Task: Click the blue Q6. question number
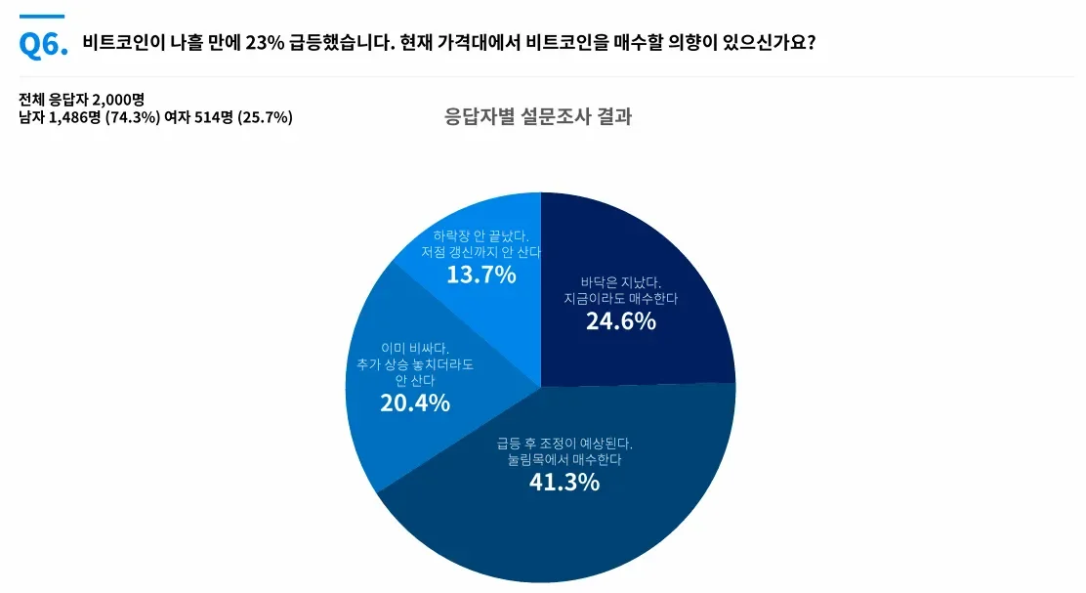tap(44, 45)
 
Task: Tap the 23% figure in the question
tap(265, 42)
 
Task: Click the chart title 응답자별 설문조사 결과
tap(538, 115)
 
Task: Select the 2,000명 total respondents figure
tap(118, 100)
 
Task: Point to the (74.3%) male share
tap(132, 117)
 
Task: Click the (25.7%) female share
tap(265, 117)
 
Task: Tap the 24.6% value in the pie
tap(620, 320)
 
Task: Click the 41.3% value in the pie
tap(564, 482)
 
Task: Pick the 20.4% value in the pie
tap(415, 402)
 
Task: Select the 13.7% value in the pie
tap(481, 275)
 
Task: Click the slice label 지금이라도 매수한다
tap(620, 299)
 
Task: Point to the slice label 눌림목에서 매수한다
tap(564, 459)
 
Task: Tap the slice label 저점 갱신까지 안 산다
tap(480, 252)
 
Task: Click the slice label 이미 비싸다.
tap(415, 348)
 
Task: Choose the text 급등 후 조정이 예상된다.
tap(564, 443)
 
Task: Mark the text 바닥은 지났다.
tap(621, 282)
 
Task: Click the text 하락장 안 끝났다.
tap(480, 236)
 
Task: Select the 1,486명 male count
tap(75, 117)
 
